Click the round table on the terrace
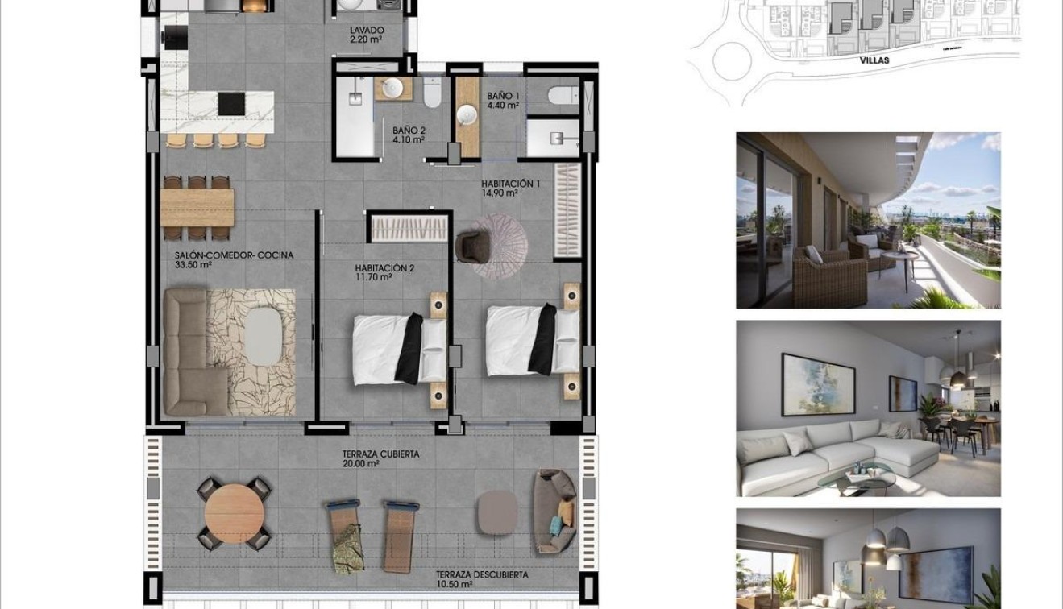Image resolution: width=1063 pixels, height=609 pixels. pyautogui.click(x=235, y=513)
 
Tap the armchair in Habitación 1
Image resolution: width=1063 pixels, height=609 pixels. pyautogui.click(x=472, y=245)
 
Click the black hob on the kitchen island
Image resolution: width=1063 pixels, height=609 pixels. pyautogui.click(x=231, y=104)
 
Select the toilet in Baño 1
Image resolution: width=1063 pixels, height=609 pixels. pyautogui.click(x=563, y=96)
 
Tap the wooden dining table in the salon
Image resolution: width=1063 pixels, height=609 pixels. pyautogui.click(x=197, y=207)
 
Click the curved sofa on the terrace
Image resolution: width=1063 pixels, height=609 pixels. pyautogui.click(x=554, y=511)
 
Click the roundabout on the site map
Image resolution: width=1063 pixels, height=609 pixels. pyautogui.click(x=732, y=61)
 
